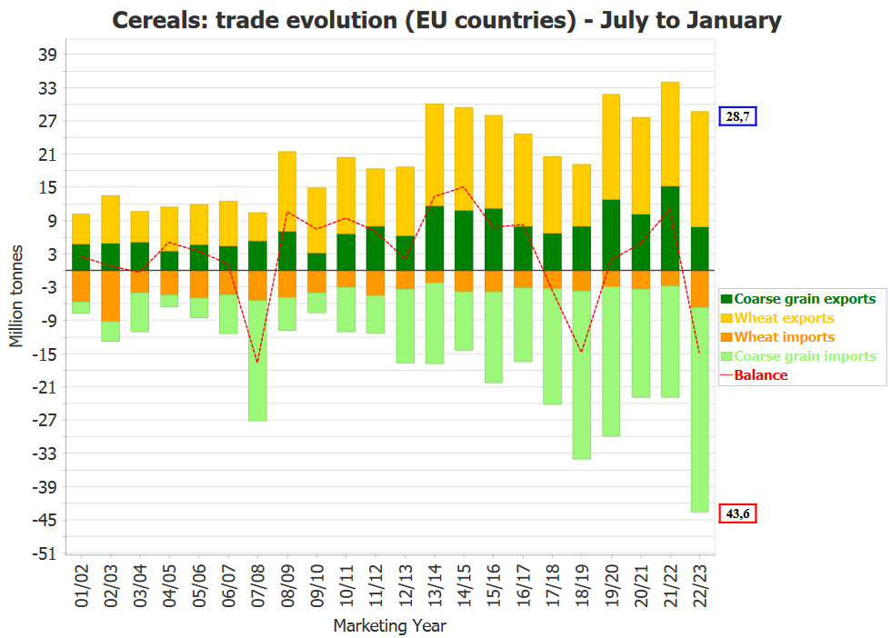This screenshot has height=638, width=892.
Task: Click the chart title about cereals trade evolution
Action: point(446,20)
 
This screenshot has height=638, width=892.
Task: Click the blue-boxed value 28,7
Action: point(737,116)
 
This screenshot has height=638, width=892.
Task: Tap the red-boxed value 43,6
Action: point(737,513)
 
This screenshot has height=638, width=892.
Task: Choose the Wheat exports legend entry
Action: point(784,318)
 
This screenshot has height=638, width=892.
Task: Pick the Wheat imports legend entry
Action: point(784,337)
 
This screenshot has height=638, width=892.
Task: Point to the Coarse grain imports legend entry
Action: point(805,356)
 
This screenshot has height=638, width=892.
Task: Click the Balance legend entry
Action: point(761,375)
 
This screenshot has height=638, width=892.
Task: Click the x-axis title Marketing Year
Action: point(389,625)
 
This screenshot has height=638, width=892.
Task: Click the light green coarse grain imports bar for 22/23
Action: point(700,409)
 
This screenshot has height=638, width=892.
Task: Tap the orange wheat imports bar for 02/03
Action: point(111,295)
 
